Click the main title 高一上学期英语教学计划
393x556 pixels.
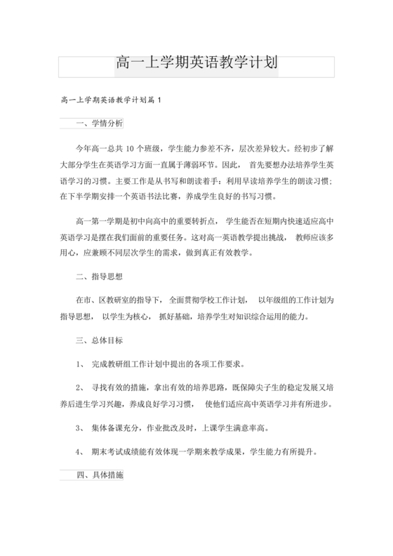click(196, 64)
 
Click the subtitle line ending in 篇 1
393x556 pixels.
click(112, 101)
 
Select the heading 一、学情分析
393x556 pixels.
click(99, 124)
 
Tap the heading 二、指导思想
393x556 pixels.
click(99, 276)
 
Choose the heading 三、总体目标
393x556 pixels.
click(99, 341)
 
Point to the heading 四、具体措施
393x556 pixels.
click(99, 475)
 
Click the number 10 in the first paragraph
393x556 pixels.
click(131, 149)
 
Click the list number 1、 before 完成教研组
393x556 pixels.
click(79, 365)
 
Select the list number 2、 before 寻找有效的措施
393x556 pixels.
click(79, 388)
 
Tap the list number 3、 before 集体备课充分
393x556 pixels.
click(79, 428)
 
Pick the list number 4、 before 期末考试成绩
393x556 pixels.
click(79, 453)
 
